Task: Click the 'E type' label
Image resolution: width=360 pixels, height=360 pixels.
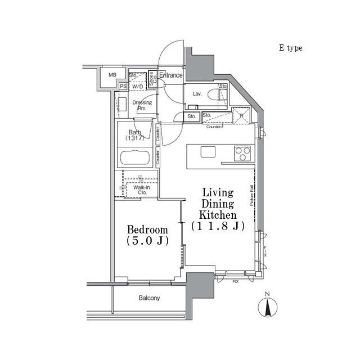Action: (290, 48)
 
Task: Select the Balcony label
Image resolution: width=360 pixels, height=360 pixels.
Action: (149, 298)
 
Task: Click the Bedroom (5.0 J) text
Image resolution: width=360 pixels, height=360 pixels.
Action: (147, 235)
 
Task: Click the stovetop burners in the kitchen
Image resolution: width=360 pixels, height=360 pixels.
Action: (243, 153)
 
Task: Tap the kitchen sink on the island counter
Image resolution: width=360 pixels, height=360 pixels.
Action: (208, 151)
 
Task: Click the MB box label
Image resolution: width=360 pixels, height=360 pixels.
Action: (112, 75)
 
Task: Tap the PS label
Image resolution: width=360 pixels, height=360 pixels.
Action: (123, 86)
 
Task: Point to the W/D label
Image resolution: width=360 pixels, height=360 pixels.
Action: (137, 86)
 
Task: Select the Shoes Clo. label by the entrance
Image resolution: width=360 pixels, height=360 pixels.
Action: (151, 79)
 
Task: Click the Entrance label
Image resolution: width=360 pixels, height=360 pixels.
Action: (170, 75)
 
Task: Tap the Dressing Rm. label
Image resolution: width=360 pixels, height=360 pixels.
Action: (142, 105)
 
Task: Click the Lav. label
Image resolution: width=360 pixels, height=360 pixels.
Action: (197, 93)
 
